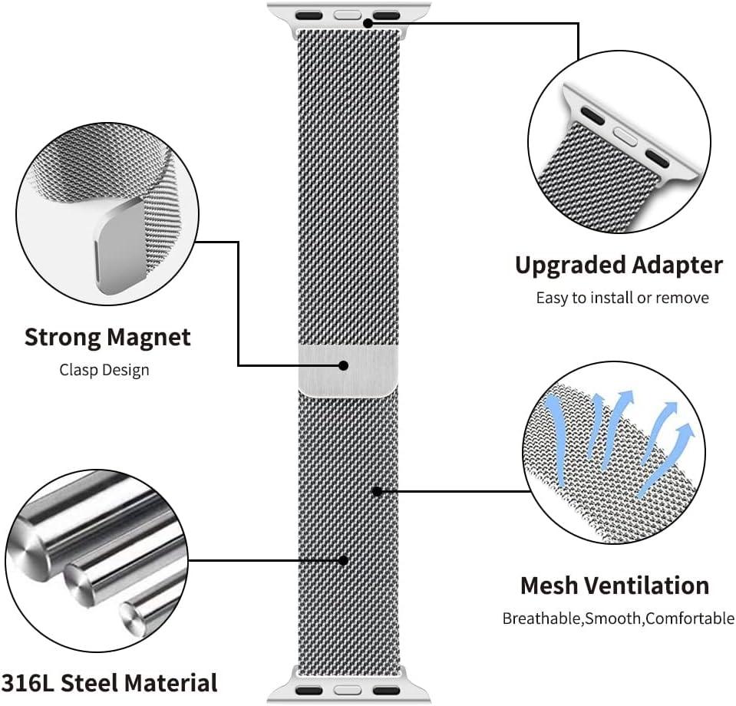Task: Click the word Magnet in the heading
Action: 149,337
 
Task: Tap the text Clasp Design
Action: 104,370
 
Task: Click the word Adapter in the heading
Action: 678,266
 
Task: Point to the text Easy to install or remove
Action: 622,298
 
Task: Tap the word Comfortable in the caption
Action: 690,618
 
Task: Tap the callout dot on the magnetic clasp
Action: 344,365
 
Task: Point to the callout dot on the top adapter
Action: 368,23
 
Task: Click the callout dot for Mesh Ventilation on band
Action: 377,490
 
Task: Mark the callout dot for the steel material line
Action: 344,560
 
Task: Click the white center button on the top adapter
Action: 348,14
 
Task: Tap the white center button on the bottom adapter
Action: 347,688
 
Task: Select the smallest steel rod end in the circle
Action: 129,612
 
